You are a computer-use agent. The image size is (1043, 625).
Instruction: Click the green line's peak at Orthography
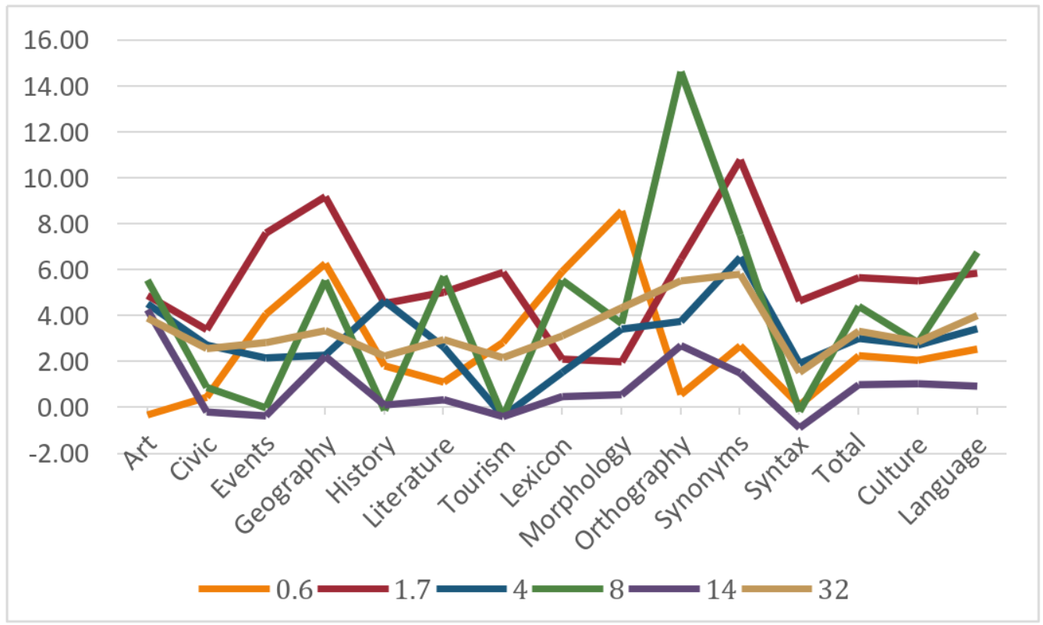[x=681, y=74]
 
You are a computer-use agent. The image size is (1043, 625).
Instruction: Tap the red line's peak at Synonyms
[x=740, y=162]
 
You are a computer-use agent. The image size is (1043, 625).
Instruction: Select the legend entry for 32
[x=832, y=589]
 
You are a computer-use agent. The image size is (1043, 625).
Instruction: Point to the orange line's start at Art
[x=148, y=414]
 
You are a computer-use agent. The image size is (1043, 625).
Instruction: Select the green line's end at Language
[x=976, y=254]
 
